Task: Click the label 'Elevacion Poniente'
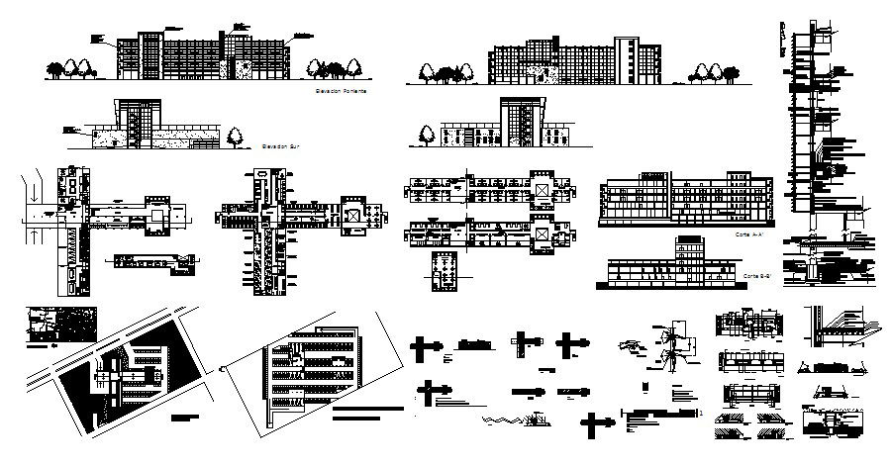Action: tap(341, 91)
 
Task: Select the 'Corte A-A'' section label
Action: tap(748, 235)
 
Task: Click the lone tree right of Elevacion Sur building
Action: tap(236, 137)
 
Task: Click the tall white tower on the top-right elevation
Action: tap(627, 59)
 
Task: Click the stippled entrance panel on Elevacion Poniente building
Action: tap(241, 67)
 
